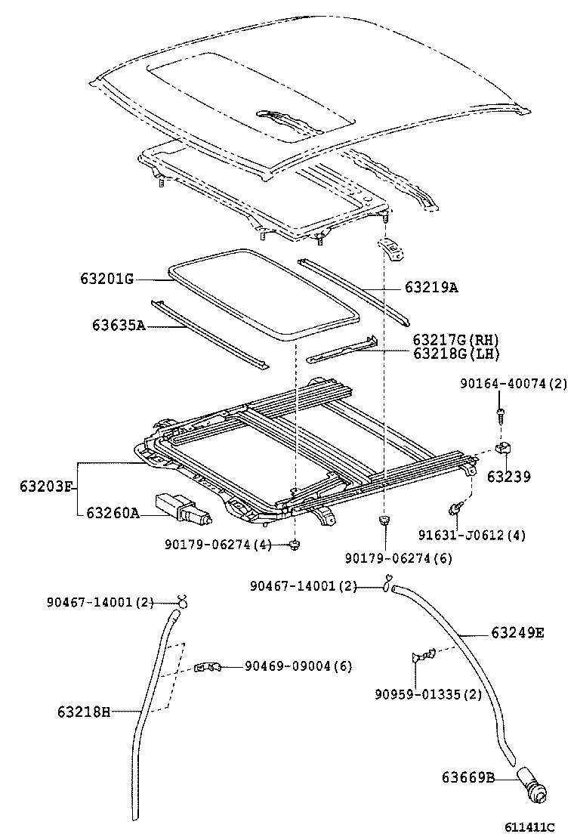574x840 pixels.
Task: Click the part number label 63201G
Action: [x=106, y=279]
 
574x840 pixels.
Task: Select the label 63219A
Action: [x=431, y=287]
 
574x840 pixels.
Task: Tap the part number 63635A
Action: [x=118, y=326]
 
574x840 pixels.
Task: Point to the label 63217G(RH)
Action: [x=456, y=340]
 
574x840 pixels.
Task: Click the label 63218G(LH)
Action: [x=456, y=353]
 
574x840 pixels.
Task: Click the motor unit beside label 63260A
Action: [x=181, y=508]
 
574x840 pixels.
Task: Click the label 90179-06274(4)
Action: [x=218, y=543]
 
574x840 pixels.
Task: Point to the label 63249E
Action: [x=517, y=632]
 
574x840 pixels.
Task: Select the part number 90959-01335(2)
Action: [x=427, y=694]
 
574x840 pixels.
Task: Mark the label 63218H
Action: [x=83, y=711]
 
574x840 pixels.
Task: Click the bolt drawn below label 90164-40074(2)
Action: [x=500, y=412]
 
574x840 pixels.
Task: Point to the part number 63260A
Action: [x=113, y=513]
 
